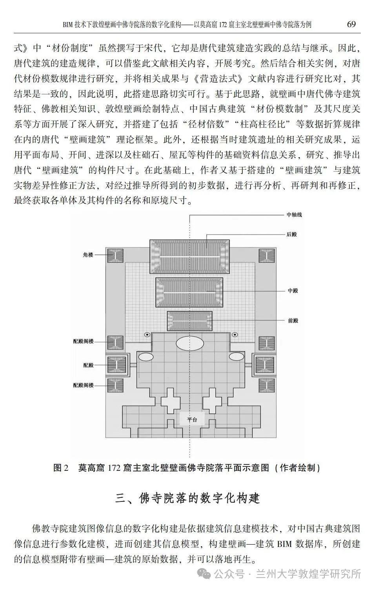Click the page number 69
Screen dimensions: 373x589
pyautogui.click(x=351, y=24)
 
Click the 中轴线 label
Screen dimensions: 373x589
pyautogui.click(x=294, y=215)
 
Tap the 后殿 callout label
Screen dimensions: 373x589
pyautogui.click(x=291, y=234)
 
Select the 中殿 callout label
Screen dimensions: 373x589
pyautogui.click(x=293, y=291)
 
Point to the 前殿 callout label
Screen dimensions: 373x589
pyautogui.click(x=293, y=320)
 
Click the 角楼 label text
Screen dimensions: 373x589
pyautogui.click(x=88, y=254)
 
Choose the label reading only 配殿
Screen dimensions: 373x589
pyautogui.click(x=88, y=365)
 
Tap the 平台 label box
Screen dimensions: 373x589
pyautogui.click(x=192, y=419)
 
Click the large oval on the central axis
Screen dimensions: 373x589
pyautogui.click(x=190, y=343)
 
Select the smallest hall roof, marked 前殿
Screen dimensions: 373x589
pyautogui.click(x=190, y=321)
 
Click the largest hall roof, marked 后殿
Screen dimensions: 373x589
pyautogui.click(x=190, y=257)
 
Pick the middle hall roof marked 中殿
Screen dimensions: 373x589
pyautogui.click(x=189, y=292)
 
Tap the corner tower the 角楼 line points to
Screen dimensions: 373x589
pyautogui.click(x=115, y=255)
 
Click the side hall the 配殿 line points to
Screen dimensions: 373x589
pyautogui.click(x=116, y=365)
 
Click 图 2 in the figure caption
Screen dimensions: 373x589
pyautogui.click(x=61, y=468)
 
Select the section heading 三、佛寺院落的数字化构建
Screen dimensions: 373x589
pyautogui.click(x=187, y=498)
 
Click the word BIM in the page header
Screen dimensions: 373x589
pyautogui.click(x=67, y=25)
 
